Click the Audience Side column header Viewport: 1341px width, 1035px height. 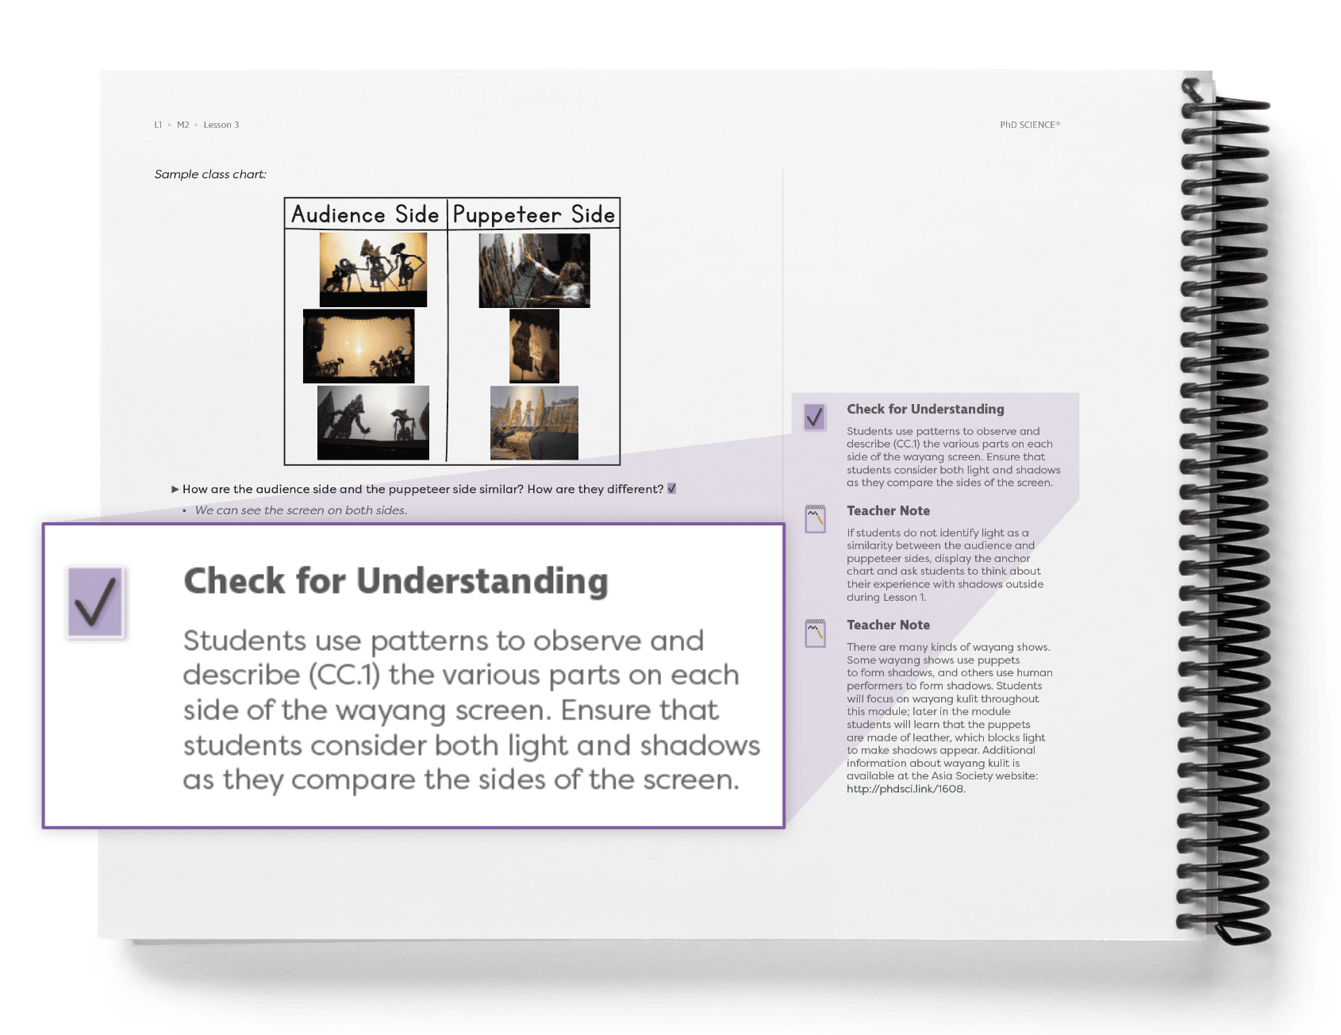(x=365, y=214)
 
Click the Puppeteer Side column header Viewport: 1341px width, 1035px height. (x=533, y=214)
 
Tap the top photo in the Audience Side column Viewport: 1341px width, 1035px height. (x=373, y=269)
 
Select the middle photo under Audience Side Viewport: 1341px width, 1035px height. (x=359, y=346)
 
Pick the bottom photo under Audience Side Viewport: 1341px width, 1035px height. (x=373, y=422)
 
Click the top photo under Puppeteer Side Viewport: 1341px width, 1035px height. (x=534, y=270)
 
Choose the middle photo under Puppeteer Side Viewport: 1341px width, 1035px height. (x=534, y=346)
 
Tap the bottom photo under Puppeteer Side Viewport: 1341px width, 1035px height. (x=534, y=422)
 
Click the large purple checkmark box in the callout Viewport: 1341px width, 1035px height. (x=95, y=602)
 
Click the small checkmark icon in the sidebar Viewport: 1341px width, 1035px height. (x=815, y=417)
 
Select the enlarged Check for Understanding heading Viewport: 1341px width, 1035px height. (x=396, y=581)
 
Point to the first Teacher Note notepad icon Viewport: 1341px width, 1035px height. (x=815, y=518)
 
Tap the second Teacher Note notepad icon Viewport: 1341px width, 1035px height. (x=815, y=633)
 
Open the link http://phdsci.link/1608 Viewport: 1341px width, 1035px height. (x=905, y=789)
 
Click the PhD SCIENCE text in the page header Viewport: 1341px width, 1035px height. (x=1029, y=125)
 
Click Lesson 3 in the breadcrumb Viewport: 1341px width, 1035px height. (x=221, y=125)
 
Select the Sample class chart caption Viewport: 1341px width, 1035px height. (x=210, y=175)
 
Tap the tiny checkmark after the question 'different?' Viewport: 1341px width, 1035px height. (x=672, y=489)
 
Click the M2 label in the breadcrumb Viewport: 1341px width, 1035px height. (x=183, y=125)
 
